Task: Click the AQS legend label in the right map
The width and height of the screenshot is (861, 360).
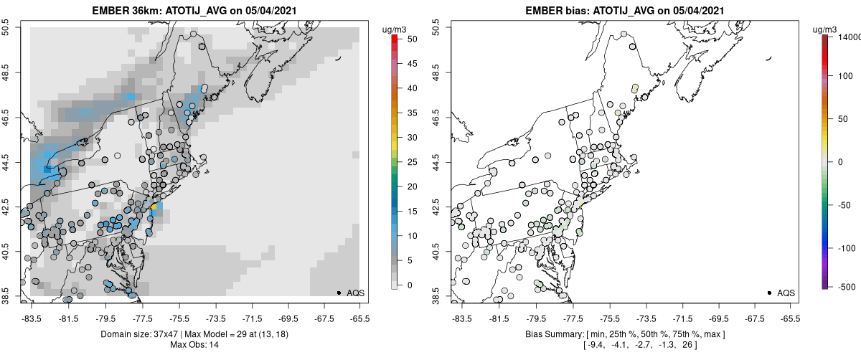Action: click(786, 293)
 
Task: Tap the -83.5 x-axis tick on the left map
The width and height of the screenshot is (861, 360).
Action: click(30, 317)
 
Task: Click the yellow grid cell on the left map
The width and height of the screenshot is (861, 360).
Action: click(153, 207)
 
